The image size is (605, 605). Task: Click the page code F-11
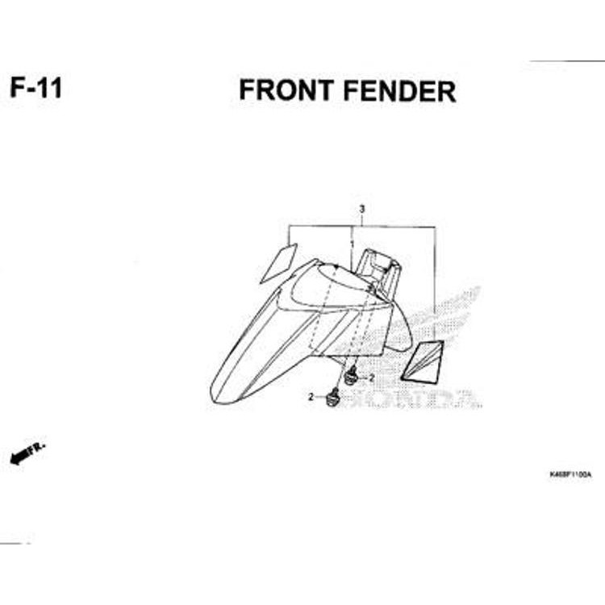(36, 86)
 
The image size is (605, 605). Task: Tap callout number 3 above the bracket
(362, 209)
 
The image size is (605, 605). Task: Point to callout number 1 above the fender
(351, 242)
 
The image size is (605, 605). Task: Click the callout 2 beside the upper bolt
(372, 378)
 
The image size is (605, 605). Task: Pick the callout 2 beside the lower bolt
(310, 397)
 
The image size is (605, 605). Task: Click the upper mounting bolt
(352, 376)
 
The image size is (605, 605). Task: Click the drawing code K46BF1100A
(570, 474)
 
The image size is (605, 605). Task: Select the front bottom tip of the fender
(222, 395)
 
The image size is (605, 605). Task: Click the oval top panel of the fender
(327, 286)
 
